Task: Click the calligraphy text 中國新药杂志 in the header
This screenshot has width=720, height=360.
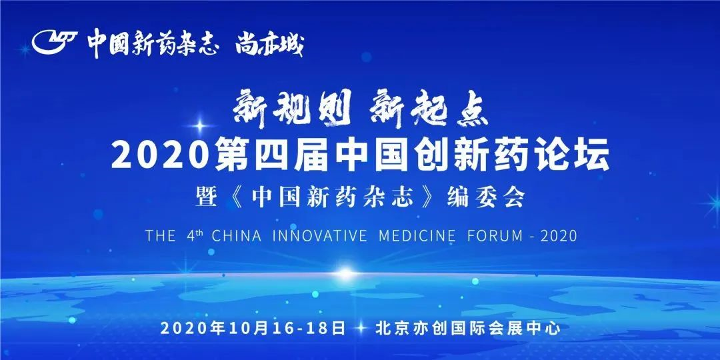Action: coord(153,43)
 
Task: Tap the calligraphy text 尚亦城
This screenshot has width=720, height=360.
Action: coord(269,44)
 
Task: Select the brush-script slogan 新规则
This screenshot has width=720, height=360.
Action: coord(293,108)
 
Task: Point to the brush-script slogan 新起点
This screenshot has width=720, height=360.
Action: coord(430,109)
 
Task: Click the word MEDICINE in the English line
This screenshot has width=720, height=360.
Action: coord(417,236)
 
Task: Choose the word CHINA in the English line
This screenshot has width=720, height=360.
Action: coord(237,236)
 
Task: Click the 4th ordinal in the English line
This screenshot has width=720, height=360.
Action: coord(192,235)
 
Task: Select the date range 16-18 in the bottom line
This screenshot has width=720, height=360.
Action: coord(299,328)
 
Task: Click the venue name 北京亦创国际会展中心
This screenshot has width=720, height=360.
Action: coord(469,328)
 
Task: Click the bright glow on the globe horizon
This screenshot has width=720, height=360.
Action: coord(347,275)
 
